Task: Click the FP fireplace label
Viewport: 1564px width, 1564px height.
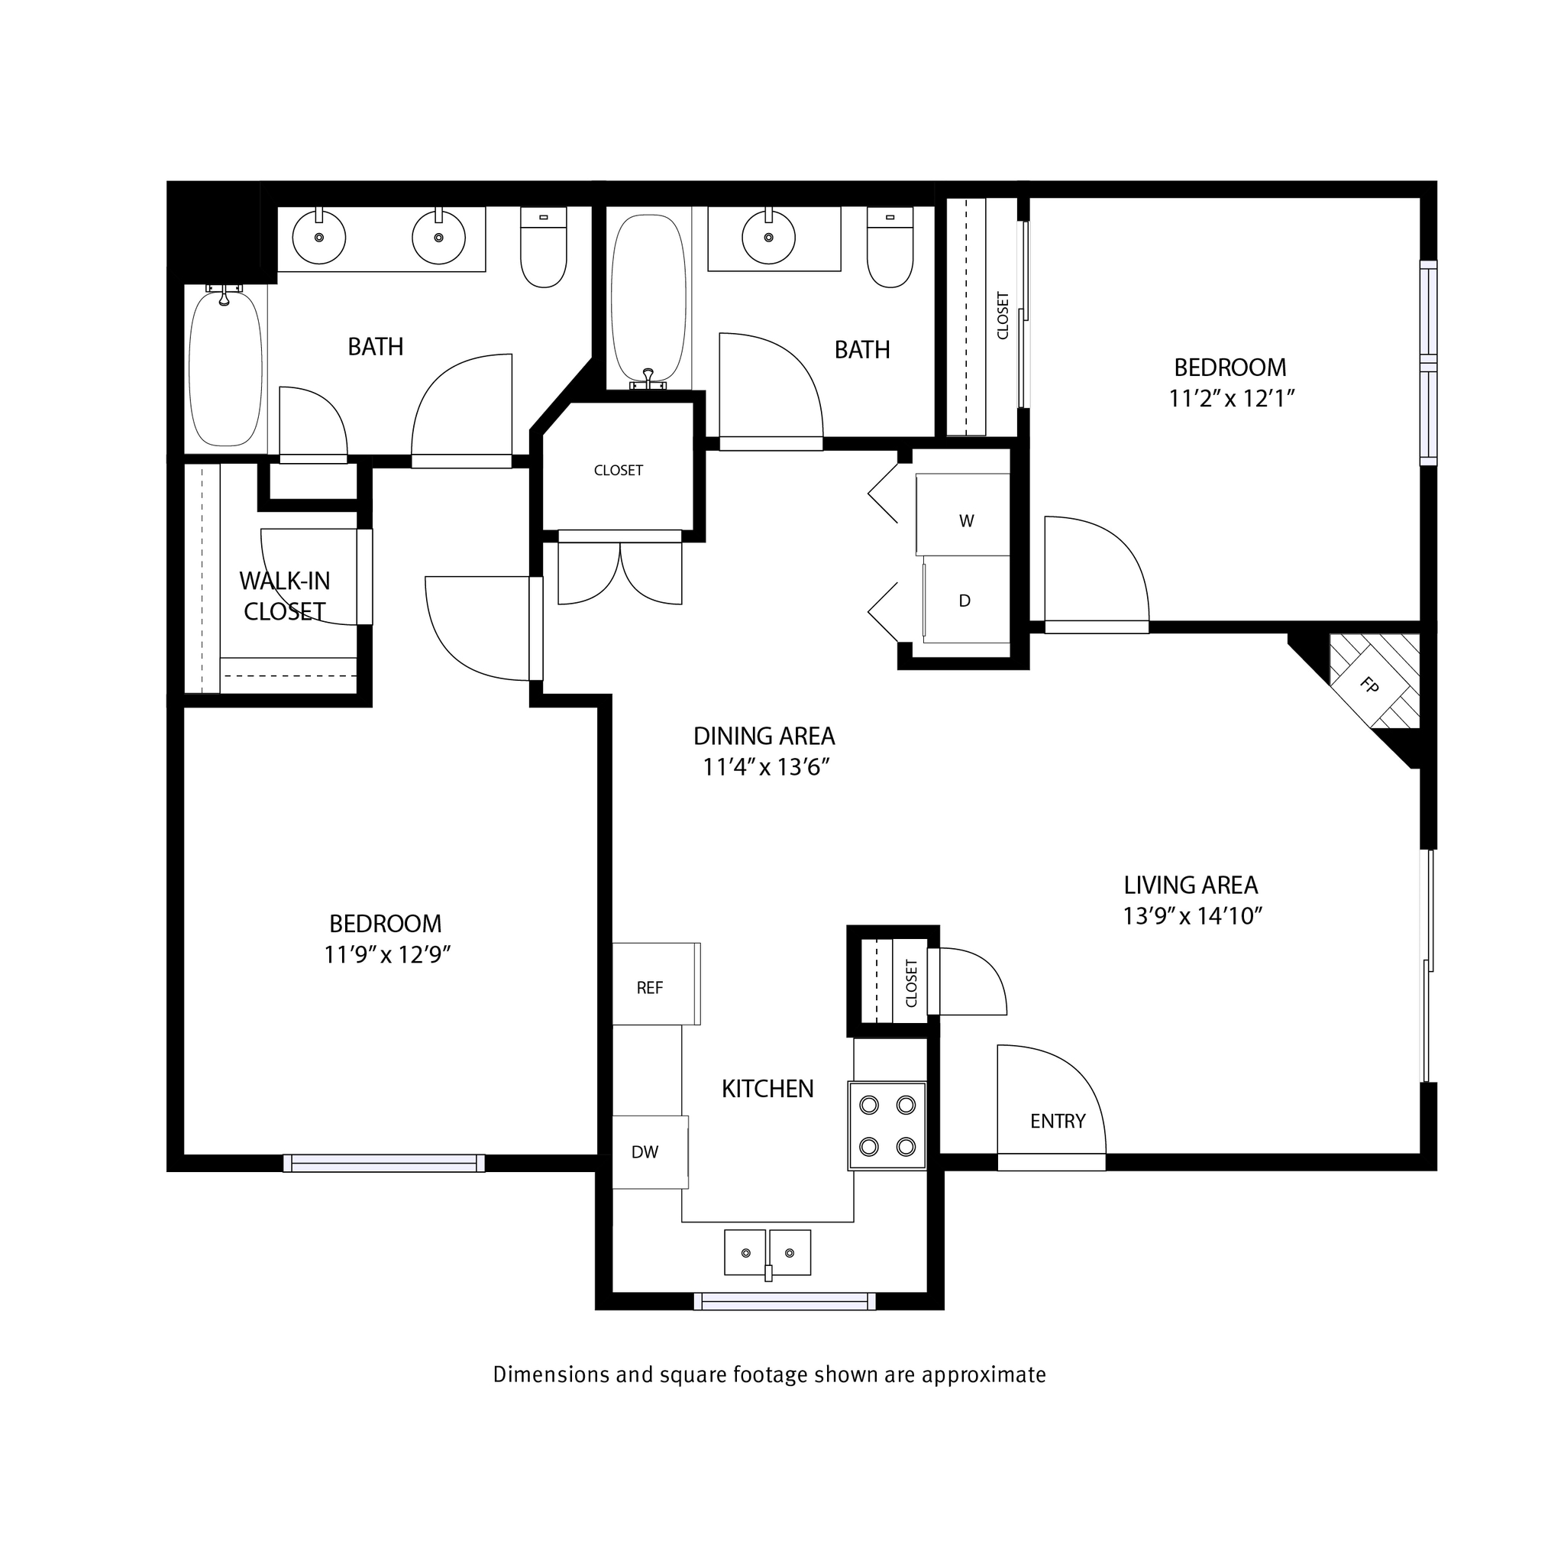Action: (x=1369, y=685)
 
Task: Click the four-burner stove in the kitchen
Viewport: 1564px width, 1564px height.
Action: (x=887, y=1126)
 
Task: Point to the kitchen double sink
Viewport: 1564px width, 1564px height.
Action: (x=767, y=1252)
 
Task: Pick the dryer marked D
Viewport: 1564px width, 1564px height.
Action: (x=965, y=601)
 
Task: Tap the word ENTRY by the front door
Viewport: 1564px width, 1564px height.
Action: (x=1057, y=1121)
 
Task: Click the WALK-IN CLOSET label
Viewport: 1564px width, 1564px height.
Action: (x=284, y=595)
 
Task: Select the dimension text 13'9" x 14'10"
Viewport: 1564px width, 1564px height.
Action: (x=1192, y=916)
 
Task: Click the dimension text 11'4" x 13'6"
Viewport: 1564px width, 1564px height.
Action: (x=766, y=767)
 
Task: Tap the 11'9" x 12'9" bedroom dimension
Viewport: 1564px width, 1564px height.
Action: (x=387, y=955)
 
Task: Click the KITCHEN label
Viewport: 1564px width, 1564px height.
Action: (x=767, y=1089)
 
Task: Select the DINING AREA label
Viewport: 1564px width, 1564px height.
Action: (x=764, y=736)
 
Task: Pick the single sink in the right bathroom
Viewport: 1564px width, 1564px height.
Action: (x=768, y=238)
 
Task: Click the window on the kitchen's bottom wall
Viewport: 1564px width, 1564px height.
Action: (x=784, y=1300)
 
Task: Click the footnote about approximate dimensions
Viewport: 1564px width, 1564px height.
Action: (x=769, y=1375)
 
